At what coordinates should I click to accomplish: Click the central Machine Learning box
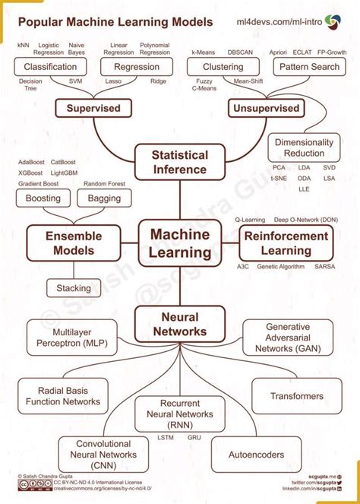tap(180, 242)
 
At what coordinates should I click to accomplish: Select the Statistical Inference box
tap(180, 161)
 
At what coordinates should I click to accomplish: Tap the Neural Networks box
tap(180, 324)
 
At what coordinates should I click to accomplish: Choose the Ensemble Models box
tap(74, 242)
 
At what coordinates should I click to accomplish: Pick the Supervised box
tap(93, 108)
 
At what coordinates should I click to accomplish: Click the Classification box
tap(51, 67)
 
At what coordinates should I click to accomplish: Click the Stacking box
tap(74, 288)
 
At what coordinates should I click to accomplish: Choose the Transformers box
tap(296, 396)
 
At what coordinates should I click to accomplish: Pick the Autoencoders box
tap(256, 455)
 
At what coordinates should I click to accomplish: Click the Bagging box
tap(104, 198)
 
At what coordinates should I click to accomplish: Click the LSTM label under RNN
tap(166, 438)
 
